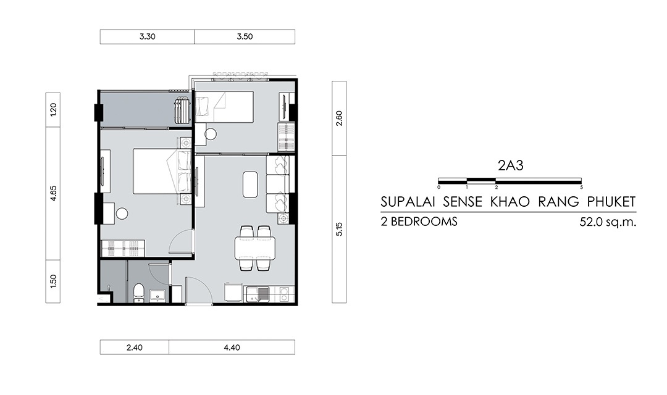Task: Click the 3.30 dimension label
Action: [x=147, y=36]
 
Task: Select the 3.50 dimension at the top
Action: [x=245, y=36]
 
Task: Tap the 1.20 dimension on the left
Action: [x=53, y=110]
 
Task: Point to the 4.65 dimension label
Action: [x=53, y=193]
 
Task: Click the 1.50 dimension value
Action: [x=53, y=281]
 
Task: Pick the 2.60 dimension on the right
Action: [x=339, y=118]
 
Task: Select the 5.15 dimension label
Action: [x=339, y=229]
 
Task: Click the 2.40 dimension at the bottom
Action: [x=135, y=347]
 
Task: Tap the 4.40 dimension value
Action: [x=232, y=347]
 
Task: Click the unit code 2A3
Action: [x=511, y=165]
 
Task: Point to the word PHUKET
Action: [x=611, y=202]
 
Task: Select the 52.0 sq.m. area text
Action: [x=608, y=222]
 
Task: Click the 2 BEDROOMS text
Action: [x=419, y=222]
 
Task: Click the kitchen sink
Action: [x=257, y=294]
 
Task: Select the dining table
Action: [x=255, y=248]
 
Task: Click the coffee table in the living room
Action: [x=251, y=184]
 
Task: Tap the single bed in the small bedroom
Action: [x=224, y=107]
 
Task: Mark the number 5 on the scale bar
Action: [x=581, y=187]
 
